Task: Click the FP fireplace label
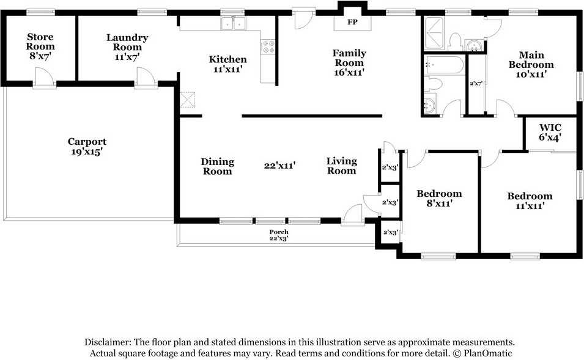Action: (352, 22)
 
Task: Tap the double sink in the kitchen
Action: (233, 23)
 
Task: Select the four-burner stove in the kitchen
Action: (268, 46)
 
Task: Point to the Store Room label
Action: (40, 42)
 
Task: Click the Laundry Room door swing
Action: (146, 77)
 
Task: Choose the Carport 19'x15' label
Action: (87, 146)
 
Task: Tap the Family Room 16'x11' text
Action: (349, 62)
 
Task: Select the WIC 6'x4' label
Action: (550, 133)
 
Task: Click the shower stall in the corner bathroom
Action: (434, 33)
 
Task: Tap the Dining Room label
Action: (218, 166)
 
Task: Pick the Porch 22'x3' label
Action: (279, 235)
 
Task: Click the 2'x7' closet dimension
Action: (476, 84)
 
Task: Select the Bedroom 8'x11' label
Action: (439, 198)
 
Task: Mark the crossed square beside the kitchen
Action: (187, 100)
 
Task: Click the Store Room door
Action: (44, 77)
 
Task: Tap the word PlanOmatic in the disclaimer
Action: (488, 353)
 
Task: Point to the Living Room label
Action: (342, 166)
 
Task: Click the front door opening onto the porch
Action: (353, 215)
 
